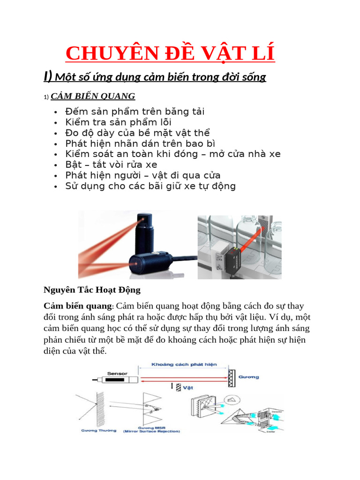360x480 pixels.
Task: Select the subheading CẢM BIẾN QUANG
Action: click(93, 96)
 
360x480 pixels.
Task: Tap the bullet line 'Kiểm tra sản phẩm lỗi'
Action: click(119, 122)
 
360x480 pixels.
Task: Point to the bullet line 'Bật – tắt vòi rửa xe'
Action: click(111, 165)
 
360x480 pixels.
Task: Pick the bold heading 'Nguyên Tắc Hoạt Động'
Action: click(92, 290)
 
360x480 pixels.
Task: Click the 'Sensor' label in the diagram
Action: click(118, 374)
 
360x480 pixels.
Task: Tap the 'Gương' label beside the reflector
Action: click(248, 376)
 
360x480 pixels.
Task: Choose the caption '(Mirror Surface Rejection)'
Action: click(151, 431)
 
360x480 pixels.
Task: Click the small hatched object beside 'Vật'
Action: click(179, 387)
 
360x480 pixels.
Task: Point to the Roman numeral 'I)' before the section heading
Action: click(48, 76)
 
